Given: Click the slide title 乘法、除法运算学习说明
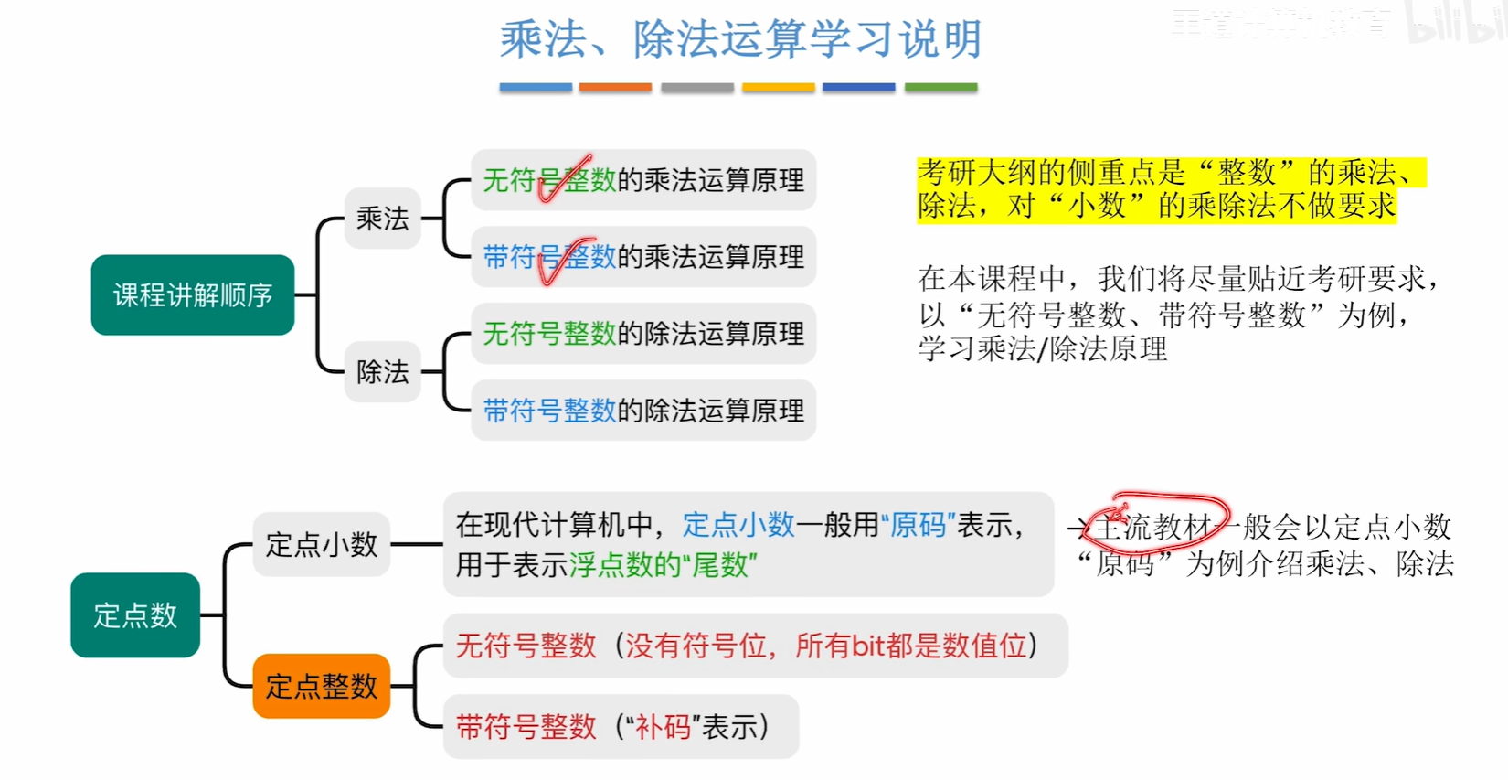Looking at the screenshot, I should (740, 40).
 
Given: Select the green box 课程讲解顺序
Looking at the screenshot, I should (193, 294).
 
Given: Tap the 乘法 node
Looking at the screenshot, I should (382, 219).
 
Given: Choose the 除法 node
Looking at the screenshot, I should (382, 371).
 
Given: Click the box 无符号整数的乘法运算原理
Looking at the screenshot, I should (643, 180).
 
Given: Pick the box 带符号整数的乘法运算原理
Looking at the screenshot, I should (643, 257).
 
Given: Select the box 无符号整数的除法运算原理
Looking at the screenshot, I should (643, 334).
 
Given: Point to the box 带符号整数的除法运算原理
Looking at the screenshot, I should (643, 411).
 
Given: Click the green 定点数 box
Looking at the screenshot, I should (135, 615).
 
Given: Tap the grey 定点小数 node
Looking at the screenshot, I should (321, 545).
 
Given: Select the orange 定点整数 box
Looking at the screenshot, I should (321, 686).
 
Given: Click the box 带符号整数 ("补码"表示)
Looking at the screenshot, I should (621, 727).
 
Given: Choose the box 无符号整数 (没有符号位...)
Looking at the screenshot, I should (755, 646).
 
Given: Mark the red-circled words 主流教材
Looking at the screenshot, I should (1157, 526).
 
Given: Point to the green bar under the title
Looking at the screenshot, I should (940, 88).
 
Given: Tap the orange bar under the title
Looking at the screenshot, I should (615, 88).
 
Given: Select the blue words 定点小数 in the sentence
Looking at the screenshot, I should (738, 525).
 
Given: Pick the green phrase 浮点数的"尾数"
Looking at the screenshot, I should (664, 565).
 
